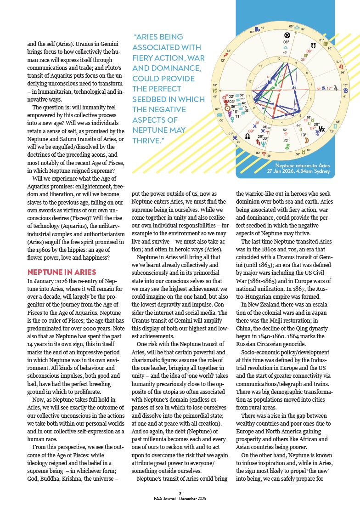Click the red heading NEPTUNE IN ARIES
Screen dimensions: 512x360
(62, 272)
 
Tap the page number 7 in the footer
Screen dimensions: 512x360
(180, 493)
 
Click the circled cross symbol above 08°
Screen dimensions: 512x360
(287, 35)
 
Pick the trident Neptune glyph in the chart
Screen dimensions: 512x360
(263, 143)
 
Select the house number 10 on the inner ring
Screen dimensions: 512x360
(278, 59)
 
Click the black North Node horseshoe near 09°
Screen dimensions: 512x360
(313, 46)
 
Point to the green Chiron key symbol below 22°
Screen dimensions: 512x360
(287, 147)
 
